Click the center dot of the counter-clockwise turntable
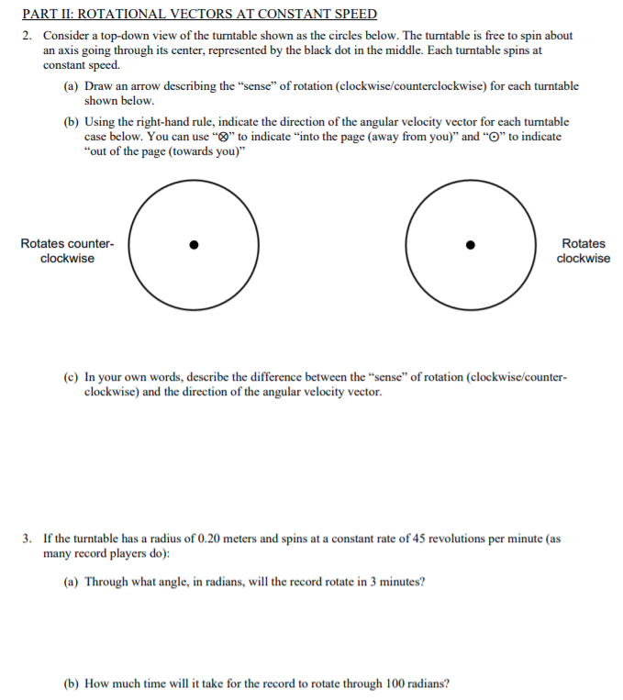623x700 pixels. [x=193, y=244]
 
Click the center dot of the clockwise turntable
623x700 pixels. [x=471, y=244]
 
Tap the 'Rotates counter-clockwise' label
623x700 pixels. [x=67, y=250]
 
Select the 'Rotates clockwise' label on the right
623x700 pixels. [x=583, y=250]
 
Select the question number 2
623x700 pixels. [x=28, y=35]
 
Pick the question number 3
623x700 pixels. [x=28, y=539]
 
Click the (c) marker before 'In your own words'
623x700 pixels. [x=71, y=377]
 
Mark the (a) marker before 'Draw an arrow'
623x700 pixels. [x=71, y=86]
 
